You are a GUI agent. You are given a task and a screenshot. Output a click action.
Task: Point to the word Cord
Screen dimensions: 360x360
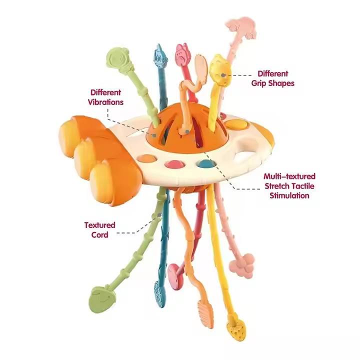(x=100, y=234)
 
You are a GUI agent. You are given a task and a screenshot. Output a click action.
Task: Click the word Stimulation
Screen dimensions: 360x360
(x=288, y=195)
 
